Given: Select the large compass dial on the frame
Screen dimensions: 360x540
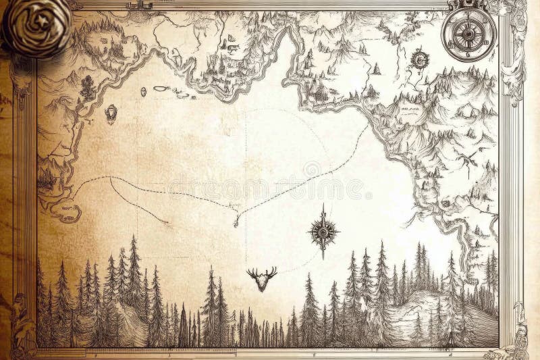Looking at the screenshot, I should click(468, 32).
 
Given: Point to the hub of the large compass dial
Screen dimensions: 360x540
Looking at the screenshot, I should click(468, 32).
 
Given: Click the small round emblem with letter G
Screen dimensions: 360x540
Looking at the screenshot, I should click(420, 60).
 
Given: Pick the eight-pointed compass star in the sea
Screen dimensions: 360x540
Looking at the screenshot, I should click(323, 231).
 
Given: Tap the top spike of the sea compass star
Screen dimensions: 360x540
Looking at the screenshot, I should click(323, 205).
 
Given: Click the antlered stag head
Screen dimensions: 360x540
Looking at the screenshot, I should click(262, 278).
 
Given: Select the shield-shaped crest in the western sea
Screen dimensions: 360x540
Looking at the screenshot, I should click(111, 113).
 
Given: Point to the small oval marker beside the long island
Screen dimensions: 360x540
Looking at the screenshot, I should click(143, 91).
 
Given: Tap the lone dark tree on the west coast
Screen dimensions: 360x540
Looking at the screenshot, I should click(87, 84).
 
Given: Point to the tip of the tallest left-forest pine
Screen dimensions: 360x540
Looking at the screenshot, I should click(134, 237).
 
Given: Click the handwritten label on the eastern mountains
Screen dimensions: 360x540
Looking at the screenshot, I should click(409, 115).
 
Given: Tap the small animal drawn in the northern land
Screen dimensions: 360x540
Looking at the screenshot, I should click(231, 48).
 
